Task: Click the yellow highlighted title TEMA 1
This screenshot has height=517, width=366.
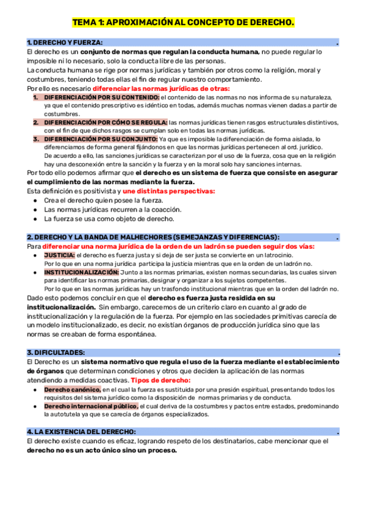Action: tap(183, 23)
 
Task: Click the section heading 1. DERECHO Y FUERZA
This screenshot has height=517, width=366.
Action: tap(65, 42)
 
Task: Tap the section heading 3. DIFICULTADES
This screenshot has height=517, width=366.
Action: tap(56, 352)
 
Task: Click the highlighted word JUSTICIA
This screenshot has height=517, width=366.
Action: tap(59, 255)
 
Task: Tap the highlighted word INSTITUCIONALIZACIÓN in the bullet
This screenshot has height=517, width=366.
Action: tap(81, 272)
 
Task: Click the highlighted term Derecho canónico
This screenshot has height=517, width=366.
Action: tap(72, 389)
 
